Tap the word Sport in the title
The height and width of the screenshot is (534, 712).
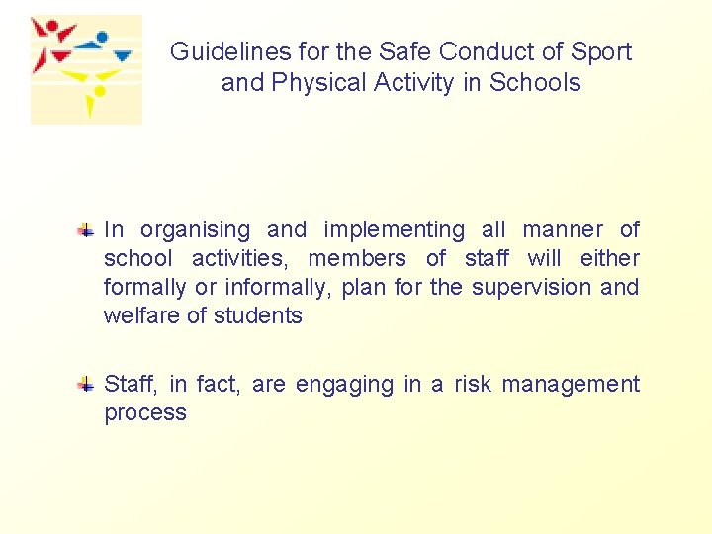point(602,52)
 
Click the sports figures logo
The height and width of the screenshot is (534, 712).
point(85,69)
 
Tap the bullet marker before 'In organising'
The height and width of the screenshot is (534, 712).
point(87,230)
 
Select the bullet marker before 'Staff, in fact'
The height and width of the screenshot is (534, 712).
point(87,385)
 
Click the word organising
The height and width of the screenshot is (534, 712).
point(195,231)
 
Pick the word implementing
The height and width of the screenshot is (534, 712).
point(394,231)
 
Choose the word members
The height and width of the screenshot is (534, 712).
point(357,259)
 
